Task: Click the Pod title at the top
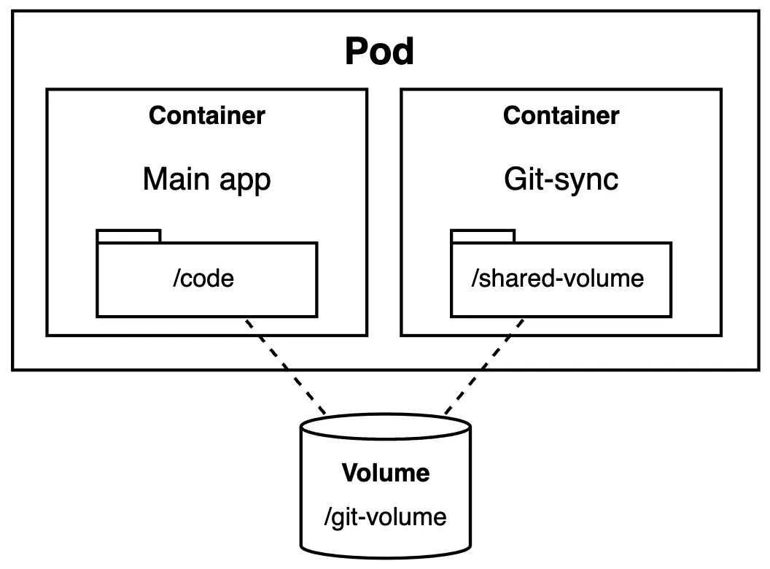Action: pyautogui.click(x=379, y=52)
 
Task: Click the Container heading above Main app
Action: pyautogui.click(x=206, y=115)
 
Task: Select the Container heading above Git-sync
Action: pyautogui.click(x=561, y=115)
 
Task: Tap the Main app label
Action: pyautogui.click(x=206, y=179)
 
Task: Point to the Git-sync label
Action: pyautogui.click(x=561, y=179)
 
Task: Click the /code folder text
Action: pyautogui.click(x=203, y=279)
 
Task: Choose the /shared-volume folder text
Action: pyautogui.click(x=558, y=279)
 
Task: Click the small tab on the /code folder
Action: pyautogui.click(x=128, y=236)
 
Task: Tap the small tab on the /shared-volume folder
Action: pyautogui.click(x=483, y=236)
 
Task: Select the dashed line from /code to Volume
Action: pyautogui.click(x=286, y=365)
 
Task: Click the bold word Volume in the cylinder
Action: pyautogui.click(x=386, y=473)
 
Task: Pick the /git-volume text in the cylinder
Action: pyautogui.click(x=385, y=517)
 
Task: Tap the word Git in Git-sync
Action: pyautogui.click(x=521, y=179)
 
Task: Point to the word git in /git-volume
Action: pyautogui.click(x=345, y=517)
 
